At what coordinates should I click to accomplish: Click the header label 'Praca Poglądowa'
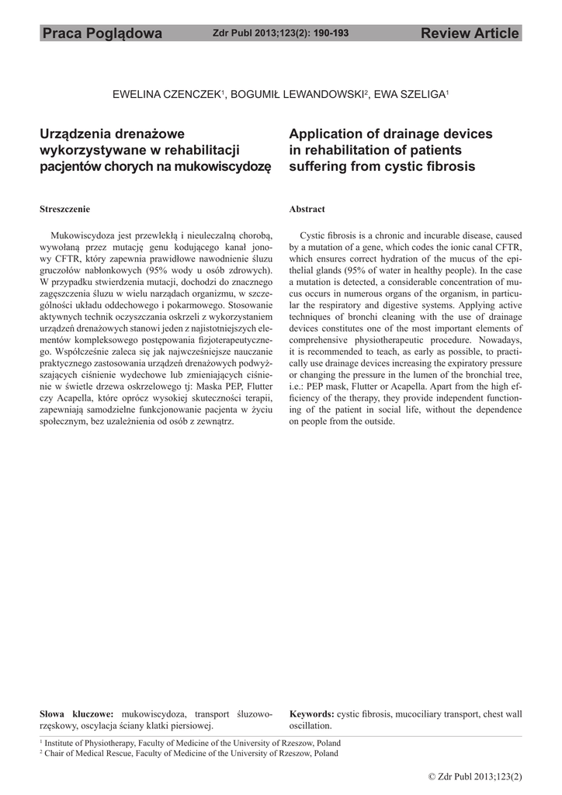tap(102, 33)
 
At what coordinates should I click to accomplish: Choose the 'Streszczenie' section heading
tap(64, 210)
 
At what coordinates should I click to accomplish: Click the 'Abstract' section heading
tap(307, 210)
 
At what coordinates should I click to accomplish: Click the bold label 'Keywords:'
tap(311, 713)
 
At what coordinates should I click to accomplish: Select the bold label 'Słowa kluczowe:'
tap(76, 713)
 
